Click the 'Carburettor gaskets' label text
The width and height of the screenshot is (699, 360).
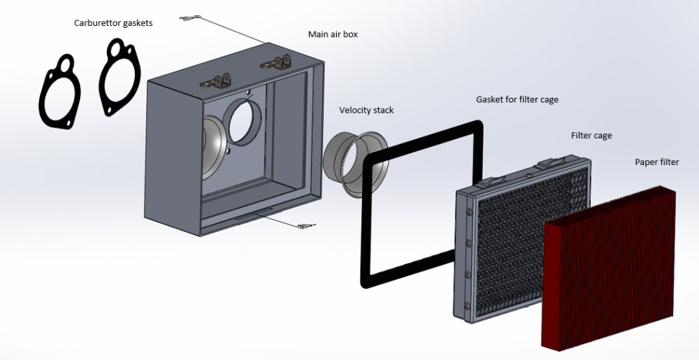tap(113, 23)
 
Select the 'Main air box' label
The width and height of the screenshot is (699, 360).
tap(333, 34)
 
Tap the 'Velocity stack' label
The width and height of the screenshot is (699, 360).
tap(366, 110)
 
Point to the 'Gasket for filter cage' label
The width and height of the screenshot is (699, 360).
tap(517, 100)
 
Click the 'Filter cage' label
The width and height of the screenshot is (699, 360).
tap(591, 136)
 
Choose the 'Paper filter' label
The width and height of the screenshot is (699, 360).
tap(656, 162)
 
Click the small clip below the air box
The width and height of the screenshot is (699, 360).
tap(305, 225)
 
